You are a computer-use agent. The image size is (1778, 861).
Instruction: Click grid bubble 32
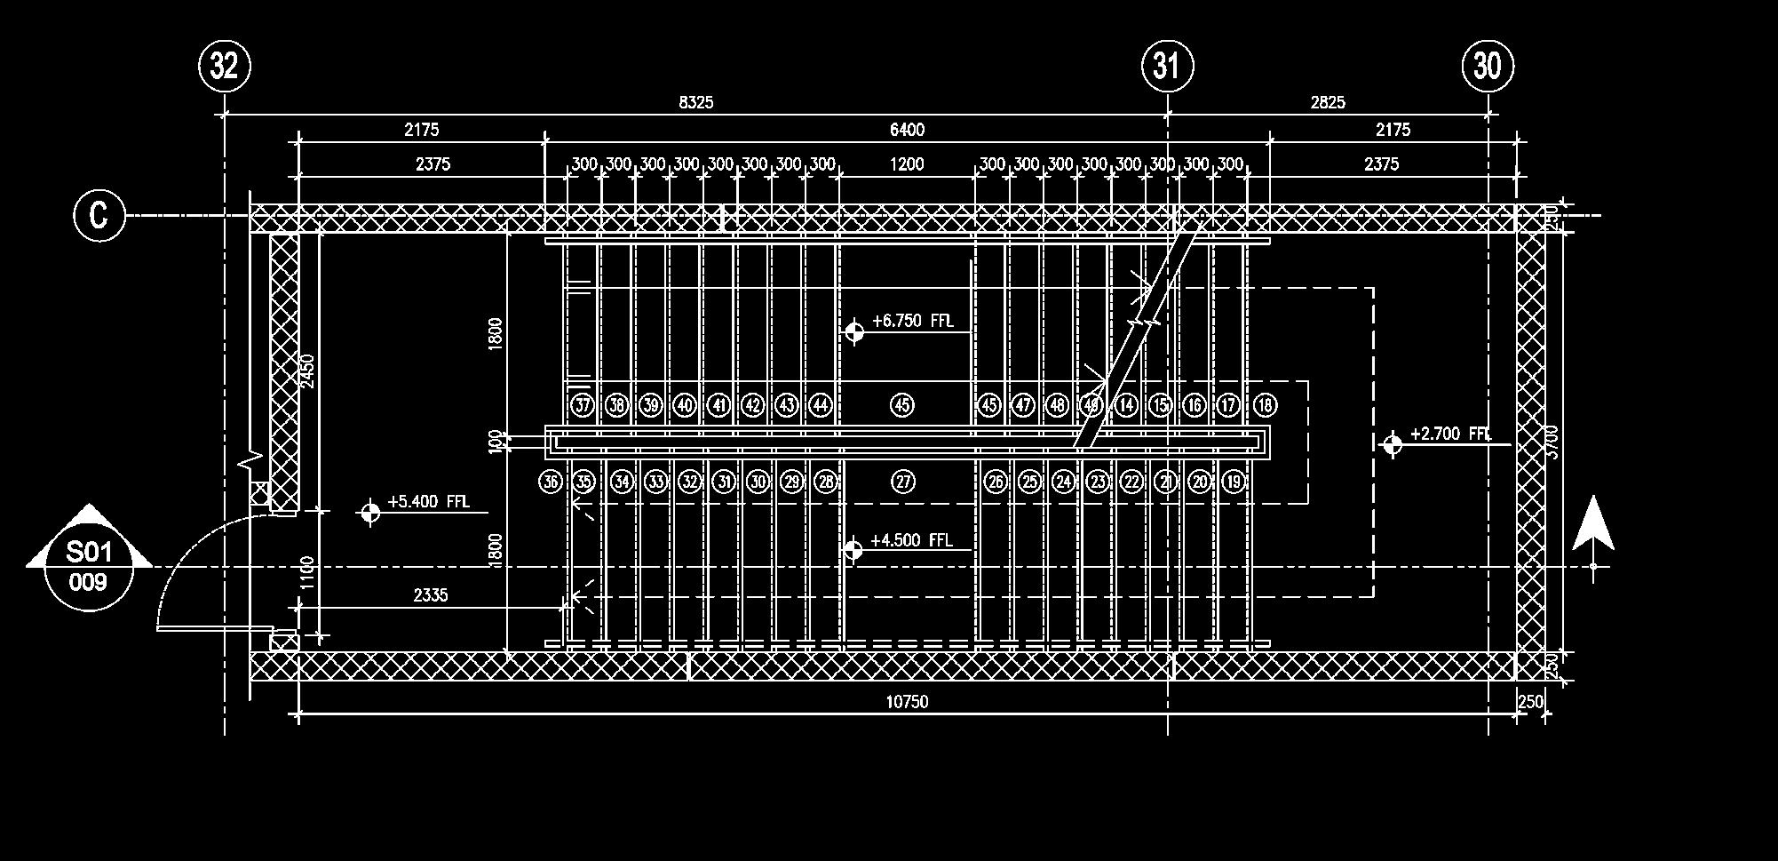click(224, 66)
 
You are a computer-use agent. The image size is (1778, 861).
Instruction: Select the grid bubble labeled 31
click(1167, 66)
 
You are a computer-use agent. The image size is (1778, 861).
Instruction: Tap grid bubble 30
click(1488, 66)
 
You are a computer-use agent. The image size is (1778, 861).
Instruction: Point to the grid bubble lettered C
click(99, 215)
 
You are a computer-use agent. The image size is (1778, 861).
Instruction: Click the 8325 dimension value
click(695, 102)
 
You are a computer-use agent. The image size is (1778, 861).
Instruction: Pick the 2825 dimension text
click(1328, 102)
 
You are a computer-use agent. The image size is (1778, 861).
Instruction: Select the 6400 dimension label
click(907, 130)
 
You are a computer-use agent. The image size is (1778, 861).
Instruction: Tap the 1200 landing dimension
click(907, 163)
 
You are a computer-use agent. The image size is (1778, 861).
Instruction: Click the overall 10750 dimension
click(907, 702)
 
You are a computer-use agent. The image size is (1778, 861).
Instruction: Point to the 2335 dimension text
click(431, 595)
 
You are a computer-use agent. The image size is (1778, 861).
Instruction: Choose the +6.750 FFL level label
click(912, 321)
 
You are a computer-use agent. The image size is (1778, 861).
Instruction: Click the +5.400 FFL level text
click(428, 501)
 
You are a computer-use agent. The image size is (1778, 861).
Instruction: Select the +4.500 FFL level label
click(911, 540)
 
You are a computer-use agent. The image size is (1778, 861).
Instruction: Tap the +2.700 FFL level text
click(1450, 434)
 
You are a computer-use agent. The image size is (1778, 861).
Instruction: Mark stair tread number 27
click(903, 482)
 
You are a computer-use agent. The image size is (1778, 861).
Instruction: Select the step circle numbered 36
click(551, 482)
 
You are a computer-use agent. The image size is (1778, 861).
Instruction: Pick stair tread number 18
click(1265, 405)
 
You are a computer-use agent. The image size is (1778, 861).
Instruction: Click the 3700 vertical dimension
click(1552, 442)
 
